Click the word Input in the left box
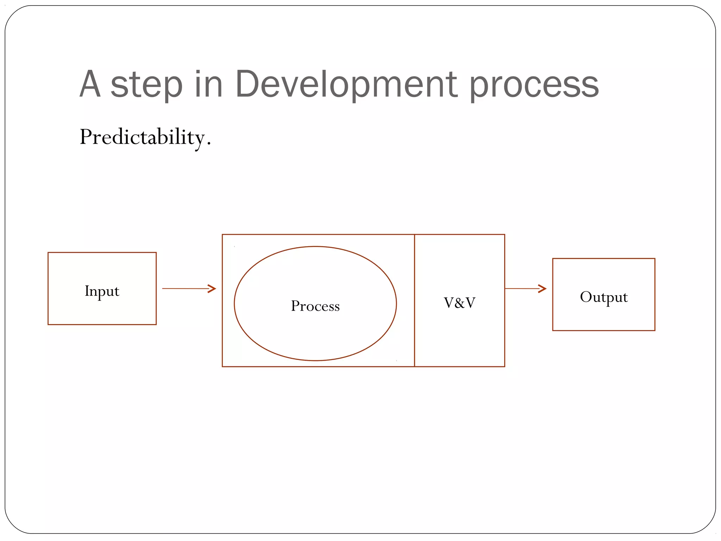coord(102,291)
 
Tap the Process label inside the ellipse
coord(315,306)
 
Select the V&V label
coord(459,303)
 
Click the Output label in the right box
coord(603,297)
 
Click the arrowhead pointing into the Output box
coord(543,288)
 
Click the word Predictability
coord(143,137)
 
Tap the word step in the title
coord(146,85)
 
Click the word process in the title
coord(534,85)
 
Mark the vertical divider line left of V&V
coord(414,335)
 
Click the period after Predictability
coord(209,144)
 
